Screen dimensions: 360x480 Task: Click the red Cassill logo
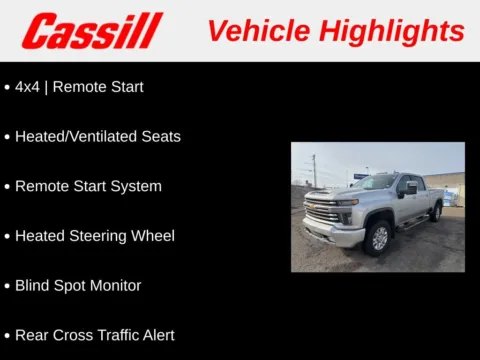click(x=92, y=31)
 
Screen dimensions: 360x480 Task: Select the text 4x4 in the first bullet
click(x=27, y=87)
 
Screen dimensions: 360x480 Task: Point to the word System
click(x=136, y=186)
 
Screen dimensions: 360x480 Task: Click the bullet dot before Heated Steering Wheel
click(x=7, y=236)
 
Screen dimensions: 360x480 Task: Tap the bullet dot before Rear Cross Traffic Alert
click(x=7, y=335)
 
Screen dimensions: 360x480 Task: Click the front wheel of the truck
click(x=378, y=237)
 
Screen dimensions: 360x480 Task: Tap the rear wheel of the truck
click(x=435, y=212)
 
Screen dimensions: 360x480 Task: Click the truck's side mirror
click(x=410, y=189)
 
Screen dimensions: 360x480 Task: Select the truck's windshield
click(x=378, y=182)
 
